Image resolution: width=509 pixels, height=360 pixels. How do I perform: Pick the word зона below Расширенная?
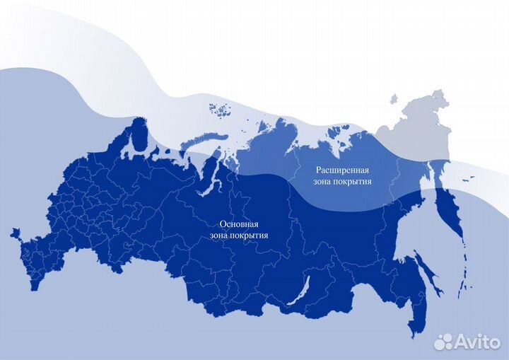(x=325, y=182)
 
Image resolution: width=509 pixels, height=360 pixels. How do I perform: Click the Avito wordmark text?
(x=477, y=342)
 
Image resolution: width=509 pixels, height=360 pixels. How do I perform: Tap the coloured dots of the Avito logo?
(x=443, y=342)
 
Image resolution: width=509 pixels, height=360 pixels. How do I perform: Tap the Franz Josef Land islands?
(x=219, y=110)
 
